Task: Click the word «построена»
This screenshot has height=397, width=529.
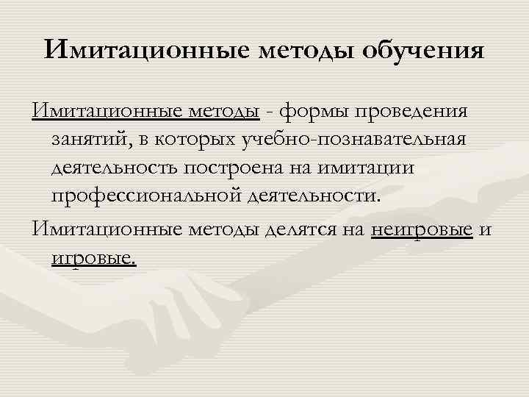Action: coord(248,168)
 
